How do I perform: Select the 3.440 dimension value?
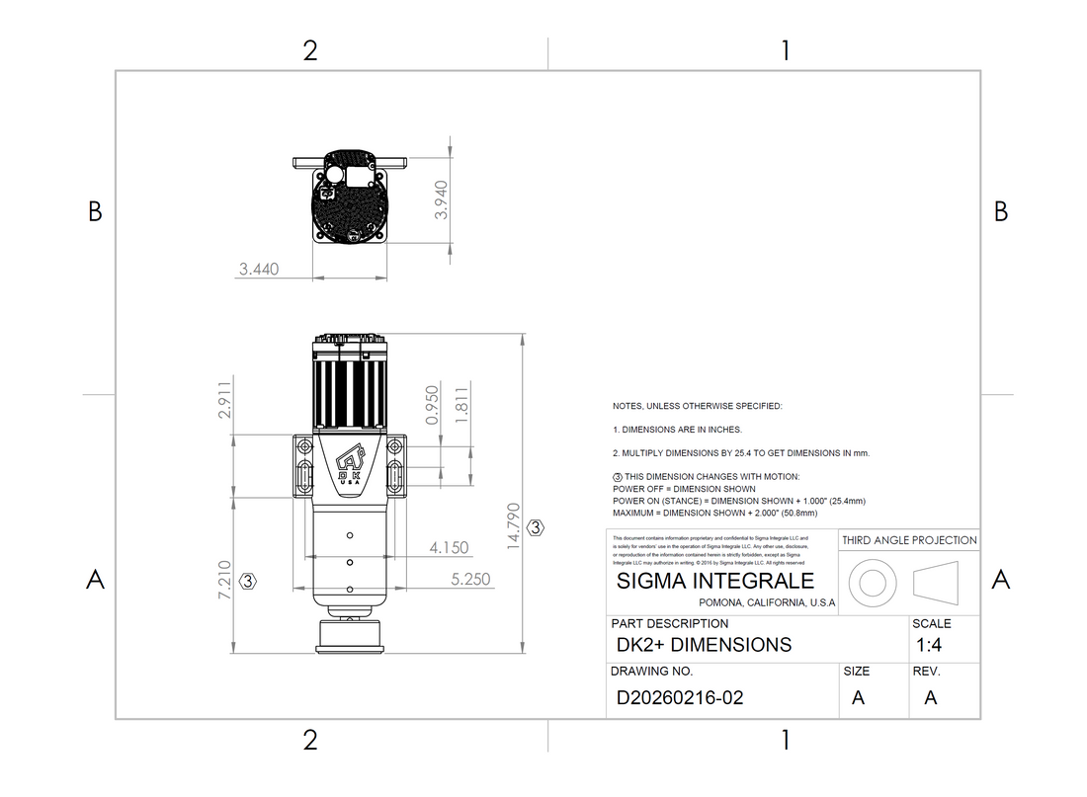click(259, 269)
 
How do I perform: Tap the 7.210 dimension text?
click(224, 581)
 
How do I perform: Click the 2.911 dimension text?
click(224, 400)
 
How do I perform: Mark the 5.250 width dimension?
click(470, 580)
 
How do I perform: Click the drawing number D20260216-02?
click(679, 697)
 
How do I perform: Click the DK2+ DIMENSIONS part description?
click(704, 645)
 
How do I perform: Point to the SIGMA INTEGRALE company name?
click(714, 581)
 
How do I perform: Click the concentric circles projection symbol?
click(873, 582)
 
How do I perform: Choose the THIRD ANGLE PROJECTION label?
click(909, 540)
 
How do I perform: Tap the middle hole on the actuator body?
click(350, 562)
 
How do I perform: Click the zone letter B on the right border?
click(1000, 211)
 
